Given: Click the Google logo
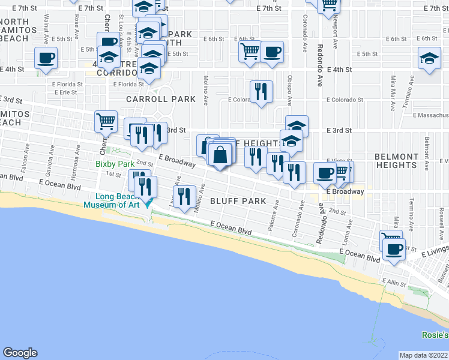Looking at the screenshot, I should tap(20, 353).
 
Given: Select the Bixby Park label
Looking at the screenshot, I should tap(115, 164).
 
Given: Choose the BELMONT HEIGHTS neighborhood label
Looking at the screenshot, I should tap(396, 160).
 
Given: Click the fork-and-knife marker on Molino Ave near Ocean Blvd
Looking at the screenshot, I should tap(184, 196).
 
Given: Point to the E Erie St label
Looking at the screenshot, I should tap(65, 92).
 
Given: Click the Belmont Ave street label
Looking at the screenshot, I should tap(427, 148).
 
